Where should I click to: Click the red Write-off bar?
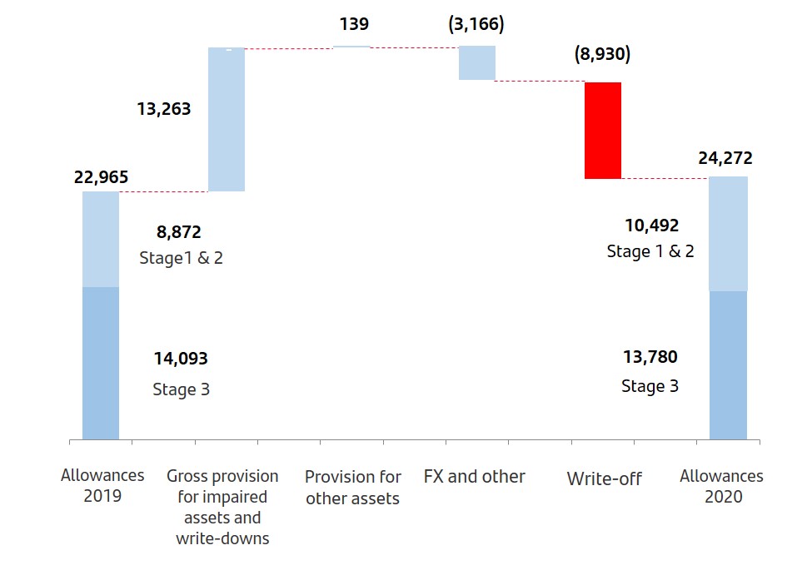point(602,131)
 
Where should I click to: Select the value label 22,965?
point(102,177)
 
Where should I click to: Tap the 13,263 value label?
point(164,109)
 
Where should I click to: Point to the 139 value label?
point(354,24)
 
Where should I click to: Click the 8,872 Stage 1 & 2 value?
point(179,232)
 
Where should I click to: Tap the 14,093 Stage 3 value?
point(181,359)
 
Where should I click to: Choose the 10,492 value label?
point(651,226)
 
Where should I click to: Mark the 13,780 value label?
point(650,357)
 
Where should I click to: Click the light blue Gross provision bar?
point(227,120)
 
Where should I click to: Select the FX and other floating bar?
point(477,63)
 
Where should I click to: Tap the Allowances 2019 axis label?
point(102,486)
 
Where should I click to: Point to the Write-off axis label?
point(605,478)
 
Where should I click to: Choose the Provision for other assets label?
point(352,488)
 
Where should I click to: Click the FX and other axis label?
point(475,477)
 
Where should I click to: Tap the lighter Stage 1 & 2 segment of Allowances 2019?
point(101,240)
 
